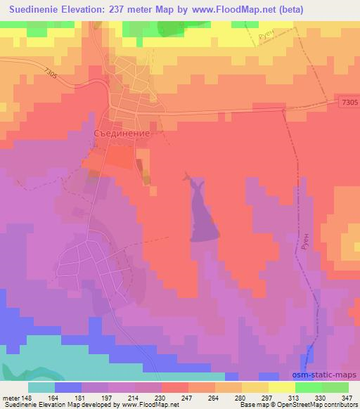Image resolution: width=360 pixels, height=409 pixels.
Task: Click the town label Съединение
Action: (122, 132)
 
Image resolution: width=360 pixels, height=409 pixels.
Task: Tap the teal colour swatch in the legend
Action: (41, 387)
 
